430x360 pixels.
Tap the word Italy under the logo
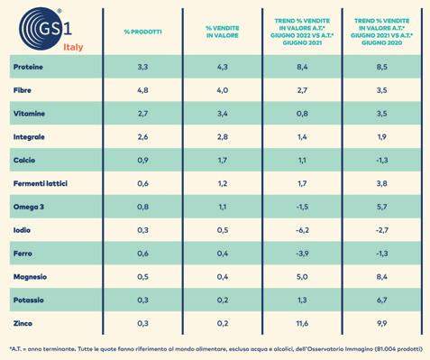coord(73,47)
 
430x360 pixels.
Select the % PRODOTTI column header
coord(142,32)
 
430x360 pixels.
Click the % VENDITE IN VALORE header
coord(223,32)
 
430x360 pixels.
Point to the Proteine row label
coord(28,67)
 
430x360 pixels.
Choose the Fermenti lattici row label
coord(41,183)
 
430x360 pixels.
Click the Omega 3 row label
coord(29,207)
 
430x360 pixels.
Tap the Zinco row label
coord(23,323)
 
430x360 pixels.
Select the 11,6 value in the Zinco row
coord(302,323)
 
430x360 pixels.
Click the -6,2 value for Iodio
coord(302,230)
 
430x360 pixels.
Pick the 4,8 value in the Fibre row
coord(142,90)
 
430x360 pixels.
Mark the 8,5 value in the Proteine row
coord(381,67)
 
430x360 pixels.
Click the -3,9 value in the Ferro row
coord(302,254)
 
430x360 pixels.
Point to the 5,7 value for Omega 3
coord(381,207)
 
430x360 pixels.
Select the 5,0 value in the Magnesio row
coord(302,277)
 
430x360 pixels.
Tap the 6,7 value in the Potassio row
coord(381,300)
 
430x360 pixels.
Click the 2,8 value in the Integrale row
coord(223,137)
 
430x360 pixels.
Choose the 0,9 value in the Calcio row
coord(142,161)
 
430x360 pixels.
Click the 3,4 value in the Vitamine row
coord(223,114)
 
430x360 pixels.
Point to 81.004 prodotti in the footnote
coord(398,349)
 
